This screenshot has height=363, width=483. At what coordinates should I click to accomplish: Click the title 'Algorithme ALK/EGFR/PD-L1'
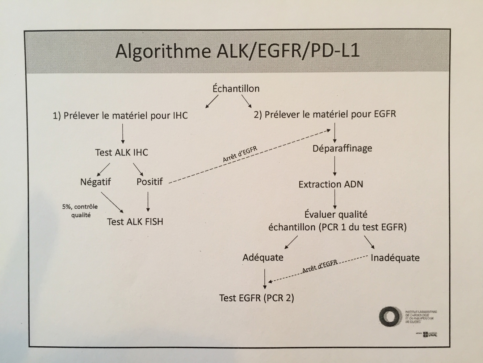(237, 51)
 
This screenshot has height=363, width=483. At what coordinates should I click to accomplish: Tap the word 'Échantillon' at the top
(236, 88)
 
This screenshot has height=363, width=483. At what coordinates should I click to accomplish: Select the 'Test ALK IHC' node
(122, 152)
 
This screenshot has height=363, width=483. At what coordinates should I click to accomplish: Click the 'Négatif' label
(96, 182)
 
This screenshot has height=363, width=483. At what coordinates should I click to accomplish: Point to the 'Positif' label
(150, 182)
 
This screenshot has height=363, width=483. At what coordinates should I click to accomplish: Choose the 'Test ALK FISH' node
(135, 222)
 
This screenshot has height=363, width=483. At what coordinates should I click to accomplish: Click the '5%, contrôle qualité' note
(80, 211)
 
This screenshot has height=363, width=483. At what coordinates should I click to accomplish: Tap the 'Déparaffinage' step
(342, 148)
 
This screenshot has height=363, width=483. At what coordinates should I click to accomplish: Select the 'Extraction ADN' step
(331, 184)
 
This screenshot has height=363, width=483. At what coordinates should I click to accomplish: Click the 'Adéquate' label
(263, 257)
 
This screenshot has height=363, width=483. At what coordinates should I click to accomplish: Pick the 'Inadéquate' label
(395, 258)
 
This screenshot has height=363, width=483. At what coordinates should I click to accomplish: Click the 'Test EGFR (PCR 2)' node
(257, 298)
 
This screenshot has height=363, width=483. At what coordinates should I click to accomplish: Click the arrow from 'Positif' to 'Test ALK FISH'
(148, 201)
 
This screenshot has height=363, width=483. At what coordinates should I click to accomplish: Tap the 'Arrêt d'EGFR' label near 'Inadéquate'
(320, 266)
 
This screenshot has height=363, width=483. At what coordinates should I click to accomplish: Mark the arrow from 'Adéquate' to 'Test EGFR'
(265, 278)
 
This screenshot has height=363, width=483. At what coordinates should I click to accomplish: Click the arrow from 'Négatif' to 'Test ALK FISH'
(112, 202)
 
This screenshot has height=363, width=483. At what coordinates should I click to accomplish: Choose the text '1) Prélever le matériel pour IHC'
(120, 116)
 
